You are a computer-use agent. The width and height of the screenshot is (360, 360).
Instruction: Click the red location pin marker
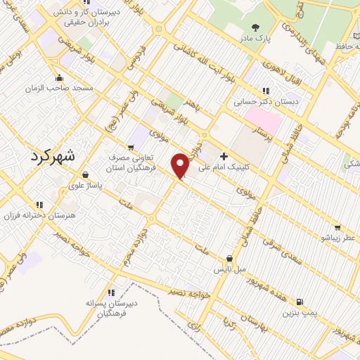click(x=181, y=165)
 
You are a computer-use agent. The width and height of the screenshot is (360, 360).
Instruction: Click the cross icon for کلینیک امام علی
click(x=224, y=156)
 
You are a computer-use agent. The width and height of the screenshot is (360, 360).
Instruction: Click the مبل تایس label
click(x=229, y=270)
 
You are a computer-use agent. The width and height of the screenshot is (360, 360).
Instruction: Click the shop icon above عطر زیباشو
click(x=338, y=228)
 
